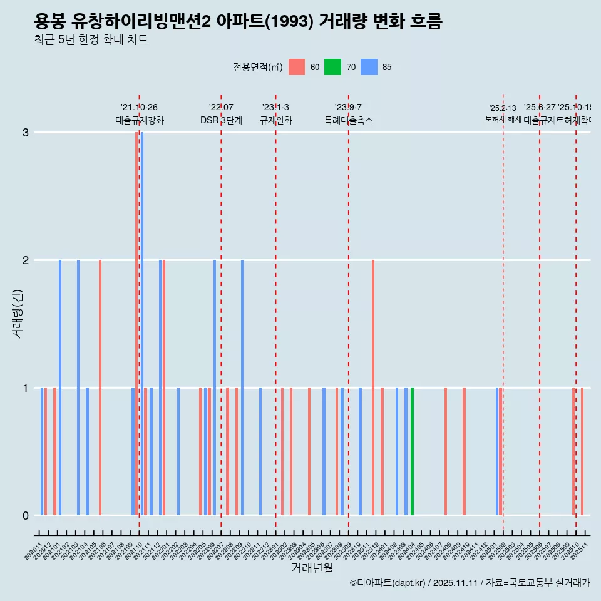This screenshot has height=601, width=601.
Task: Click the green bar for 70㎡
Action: click(412, 451)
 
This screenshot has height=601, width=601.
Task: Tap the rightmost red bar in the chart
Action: click(582, 451)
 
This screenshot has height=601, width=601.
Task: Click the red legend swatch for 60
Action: click(297, 67)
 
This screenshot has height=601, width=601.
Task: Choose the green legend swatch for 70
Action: click(332, 67)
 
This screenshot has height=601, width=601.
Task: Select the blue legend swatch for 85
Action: click(369, 67)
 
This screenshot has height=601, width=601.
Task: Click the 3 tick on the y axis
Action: click(26, 132)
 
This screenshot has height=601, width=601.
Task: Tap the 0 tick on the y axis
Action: click(26, 515)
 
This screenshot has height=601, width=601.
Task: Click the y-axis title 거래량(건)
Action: click(17, 313)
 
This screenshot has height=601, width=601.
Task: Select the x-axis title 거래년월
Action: click(312, 568)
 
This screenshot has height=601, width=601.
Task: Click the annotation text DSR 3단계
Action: click(221, 120)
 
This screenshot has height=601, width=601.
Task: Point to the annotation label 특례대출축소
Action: click(348, 120)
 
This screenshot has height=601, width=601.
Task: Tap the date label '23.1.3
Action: click(275, 108)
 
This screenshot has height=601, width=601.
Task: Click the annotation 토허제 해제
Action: click(503, 118)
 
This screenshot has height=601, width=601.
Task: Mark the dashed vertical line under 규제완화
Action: click(275, 313)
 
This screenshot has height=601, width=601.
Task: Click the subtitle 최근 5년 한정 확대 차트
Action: click(91, 40)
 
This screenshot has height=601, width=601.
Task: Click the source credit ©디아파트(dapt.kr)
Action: click(388, 583)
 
